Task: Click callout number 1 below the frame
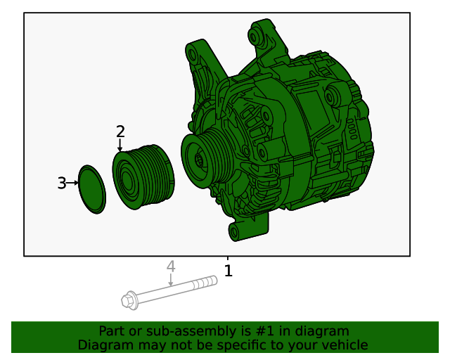point(228,271)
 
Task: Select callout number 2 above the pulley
point(120,131)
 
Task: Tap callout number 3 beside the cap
point(61,184)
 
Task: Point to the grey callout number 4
point(170,266)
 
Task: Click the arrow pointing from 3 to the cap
point(72,183)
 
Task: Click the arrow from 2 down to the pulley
point(120,146)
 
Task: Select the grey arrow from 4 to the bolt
point(170,280)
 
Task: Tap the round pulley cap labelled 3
point(91,188)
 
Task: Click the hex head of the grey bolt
point(128,301)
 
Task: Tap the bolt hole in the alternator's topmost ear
point(256,34)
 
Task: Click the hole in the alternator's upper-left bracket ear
point(191,53)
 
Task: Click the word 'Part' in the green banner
point(112,331)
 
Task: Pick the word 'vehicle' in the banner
point(345,345)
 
